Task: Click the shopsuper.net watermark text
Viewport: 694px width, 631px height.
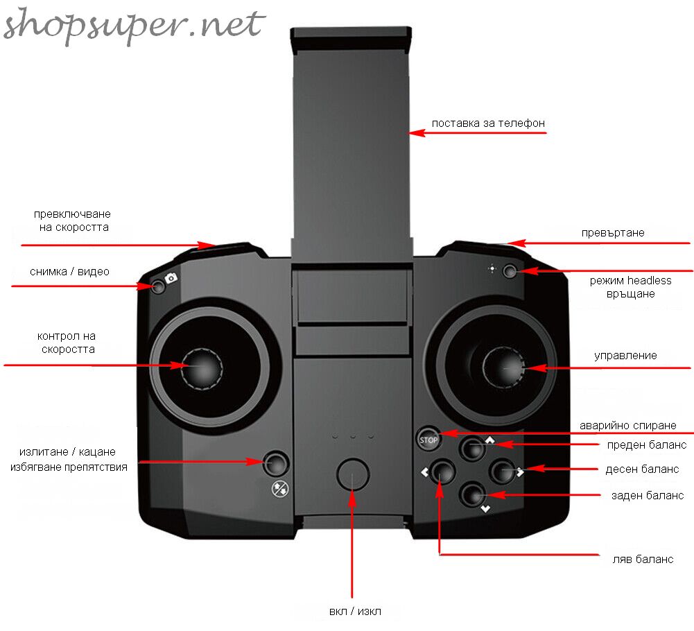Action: (x=134, y=25)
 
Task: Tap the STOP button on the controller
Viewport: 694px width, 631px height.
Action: (x=428, y=439)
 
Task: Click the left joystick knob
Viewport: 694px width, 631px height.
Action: (x=202, y=368)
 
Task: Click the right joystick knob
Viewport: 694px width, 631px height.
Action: (x=503, y=367)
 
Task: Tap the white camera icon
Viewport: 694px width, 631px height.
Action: (x=171, y=278)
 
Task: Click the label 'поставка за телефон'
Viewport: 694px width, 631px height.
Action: (x=488, y=123)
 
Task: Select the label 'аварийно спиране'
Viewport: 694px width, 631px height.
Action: (x=627, y=426)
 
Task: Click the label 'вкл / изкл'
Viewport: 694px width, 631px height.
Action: (x=355, y=612)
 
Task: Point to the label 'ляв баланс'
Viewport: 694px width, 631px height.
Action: (x=643, y=560)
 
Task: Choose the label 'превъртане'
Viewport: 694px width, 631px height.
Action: (x=613, y=233)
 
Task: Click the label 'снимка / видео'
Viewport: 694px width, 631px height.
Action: (x=69, y=271)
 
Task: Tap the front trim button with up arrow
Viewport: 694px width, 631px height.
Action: (x=473, y=448)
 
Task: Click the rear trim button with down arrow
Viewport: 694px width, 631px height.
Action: (x=473, y=494)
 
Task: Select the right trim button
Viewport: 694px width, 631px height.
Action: (x=502, y=471)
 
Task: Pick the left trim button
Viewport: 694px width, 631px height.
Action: (x=442, y=471)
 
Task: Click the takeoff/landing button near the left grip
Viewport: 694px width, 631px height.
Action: (x=276, y=463)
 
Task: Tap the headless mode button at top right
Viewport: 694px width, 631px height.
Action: (x=510, y=270)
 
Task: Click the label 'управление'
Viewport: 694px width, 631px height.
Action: (x=625, y=356)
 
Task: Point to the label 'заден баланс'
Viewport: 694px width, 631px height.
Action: (x=648, y=496)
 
